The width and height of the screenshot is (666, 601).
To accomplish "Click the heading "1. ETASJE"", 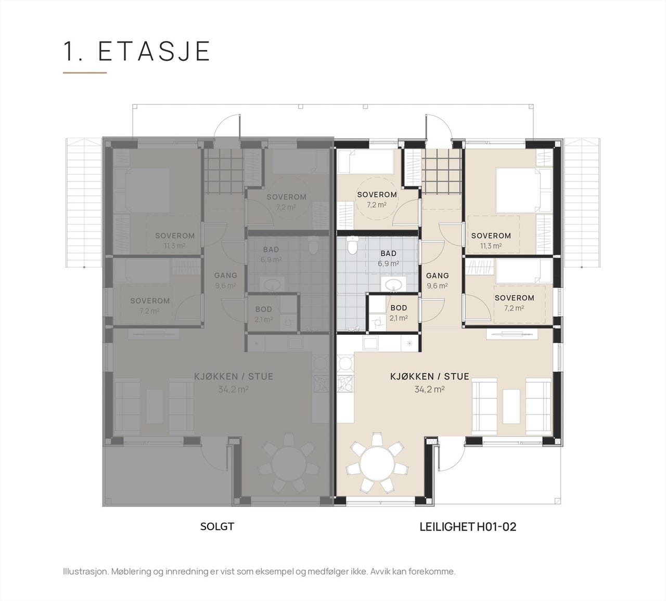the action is coord(137,51).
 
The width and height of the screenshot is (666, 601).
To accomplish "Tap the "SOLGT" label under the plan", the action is coord(217,527).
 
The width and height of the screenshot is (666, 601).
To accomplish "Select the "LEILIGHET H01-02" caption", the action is coord(468,527).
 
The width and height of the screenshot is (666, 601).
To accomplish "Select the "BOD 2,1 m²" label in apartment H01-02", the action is coord(399,313).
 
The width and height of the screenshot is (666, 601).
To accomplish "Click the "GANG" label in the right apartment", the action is coord(438,276).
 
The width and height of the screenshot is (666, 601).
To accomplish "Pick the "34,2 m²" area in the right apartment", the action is coord(430,389).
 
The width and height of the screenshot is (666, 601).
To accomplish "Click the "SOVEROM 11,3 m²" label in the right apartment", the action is coord(491,241).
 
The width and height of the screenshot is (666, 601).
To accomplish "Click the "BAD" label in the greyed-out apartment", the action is coord(271,250).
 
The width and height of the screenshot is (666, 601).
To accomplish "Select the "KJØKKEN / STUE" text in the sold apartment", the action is coord(234,376).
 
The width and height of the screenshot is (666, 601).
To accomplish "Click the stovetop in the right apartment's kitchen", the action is coord(345,384).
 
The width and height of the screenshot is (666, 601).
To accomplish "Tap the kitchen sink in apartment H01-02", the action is coord(370,343).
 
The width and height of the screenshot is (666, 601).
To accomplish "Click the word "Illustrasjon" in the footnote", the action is coord(85,572).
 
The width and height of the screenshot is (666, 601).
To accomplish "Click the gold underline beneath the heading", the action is coord(85,72).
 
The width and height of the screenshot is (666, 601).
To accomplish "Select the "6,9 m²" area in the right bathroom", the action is coord(389,264).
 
